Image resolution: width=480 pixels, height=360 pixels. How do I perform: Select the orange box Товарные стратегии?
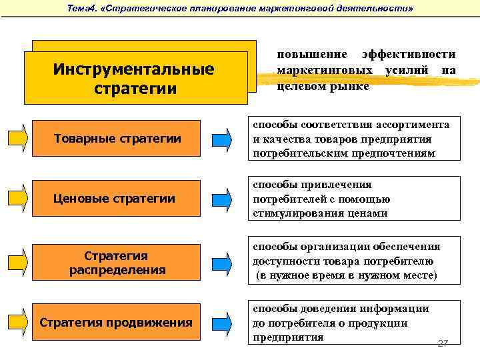coord(117,139)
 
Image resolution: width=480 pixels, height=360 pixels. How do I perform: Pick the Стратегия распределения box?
coord(117,263)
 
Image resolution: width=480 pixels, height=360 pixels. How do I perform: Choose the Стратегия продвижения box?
coord(117,323)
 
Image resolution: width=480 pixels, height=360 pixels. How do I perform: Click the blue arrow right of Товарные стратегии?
coord(223,139)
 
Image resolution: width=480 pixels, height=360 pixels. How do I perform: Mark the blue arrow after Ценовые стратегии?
coord(223,198)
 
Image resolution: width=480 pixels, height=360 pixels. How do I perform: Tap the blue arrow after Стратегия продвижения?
coord(223,323)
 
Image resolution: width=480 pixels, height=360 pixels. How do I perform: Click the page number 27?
coord(443,343)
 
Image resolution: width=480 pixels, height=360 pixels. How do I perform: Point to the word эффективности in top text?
coord(408,54)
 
